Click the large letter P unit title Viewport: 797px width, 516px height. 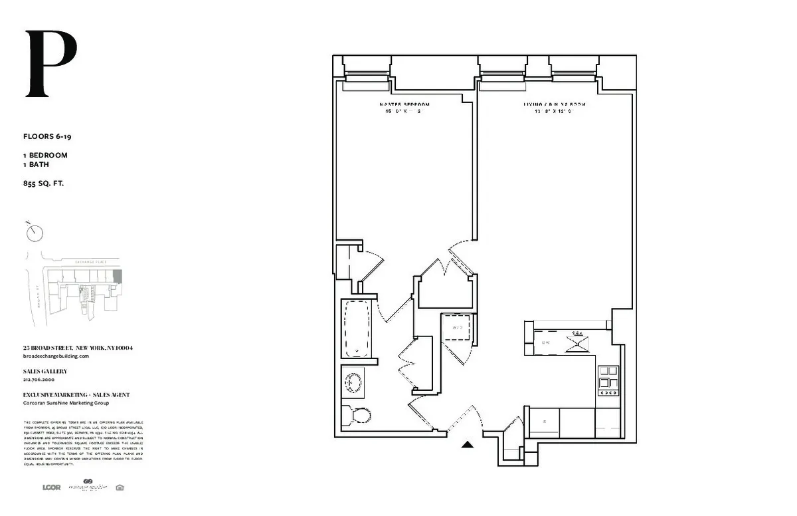[x=51, y=64]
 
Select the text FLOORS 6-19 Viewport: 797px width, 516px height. [x=47, y=136]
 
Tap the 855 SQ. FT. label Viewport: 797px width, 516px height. [x=44, y=183]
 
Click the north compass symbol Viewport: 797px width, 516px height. [x=35, y=232]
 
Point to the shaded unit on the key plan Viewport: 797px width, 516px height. [x=118, y=276]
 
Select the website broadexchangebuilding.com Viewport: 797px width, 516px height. [x=56, y=356]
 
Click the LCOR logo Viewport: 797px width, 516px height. [x=51, y=487]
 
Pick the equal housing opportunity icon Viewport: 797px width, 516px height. [x=120, y=487]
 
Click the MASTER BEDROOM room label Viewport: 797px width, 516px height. [x=404, y=105]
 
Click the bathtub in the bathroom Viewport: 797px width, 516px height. [x=357, y=329]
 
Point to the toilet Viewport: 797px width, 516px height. [x=358, y=416]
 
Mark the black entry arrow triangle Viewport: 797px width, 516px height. [x=468, y=446]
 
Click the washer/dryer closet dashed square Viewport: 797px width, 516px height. [x=458, y=328]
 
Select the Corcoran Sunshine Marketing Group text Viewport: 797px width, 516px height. [x=66, y=403]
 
